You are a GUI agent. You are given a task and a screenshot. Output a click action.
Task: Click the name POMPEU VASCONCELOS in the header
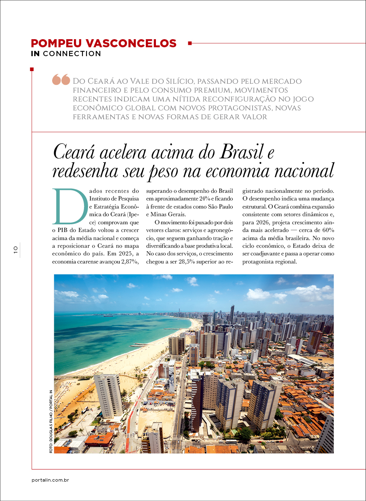104,43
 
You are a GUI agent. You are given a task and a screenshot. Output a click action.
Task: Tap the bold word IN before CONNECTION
36,54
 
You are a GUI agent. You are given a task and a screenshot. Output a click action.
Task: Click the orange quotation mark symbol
61,80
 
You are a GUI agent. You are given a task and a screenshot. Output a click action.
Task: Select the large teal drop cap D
69,206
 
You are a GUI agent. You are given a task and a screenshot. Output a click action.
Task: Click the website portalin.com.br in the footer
50,480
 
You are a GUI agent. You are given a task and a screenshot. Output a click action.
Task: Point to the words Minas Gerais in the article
168,215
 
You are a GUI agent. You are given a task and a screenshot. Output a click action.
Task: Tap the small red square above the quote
32,69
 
